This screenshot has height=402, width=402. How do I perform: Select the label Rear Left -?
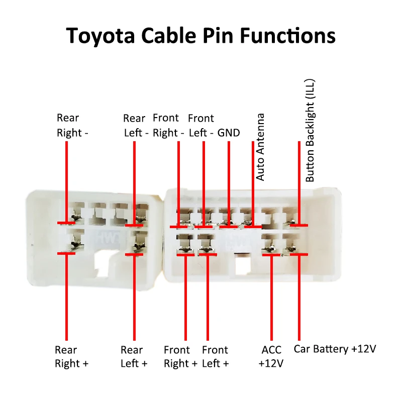(x=135, y=126)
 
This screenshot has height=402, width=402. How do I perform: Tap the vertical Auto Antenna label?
(x=260, y=147)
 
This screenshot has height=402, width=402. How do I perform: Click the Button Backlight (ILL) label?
(x=310, y=131)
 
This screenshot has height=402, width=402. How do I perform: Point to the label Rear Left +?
(x=134, y=356)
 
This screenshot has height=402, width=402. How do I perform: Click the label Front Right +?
(x=180, y=356)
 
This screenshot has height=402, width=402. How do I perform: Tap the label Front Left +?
(x=215, y=356)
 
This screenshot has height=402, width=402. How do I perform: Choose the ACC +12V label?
(x=271, y=356)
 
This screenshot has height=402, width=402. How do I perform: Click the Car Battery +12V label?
(x=335, y=349)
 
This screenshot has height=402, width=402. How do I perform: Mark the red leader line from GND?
(x=229, y=181)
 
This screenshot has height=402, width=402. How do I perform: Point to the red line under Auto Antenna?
(x=253, y=201)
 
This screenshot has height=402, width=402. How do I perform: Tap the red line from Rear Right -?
(x=66, y=181)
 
